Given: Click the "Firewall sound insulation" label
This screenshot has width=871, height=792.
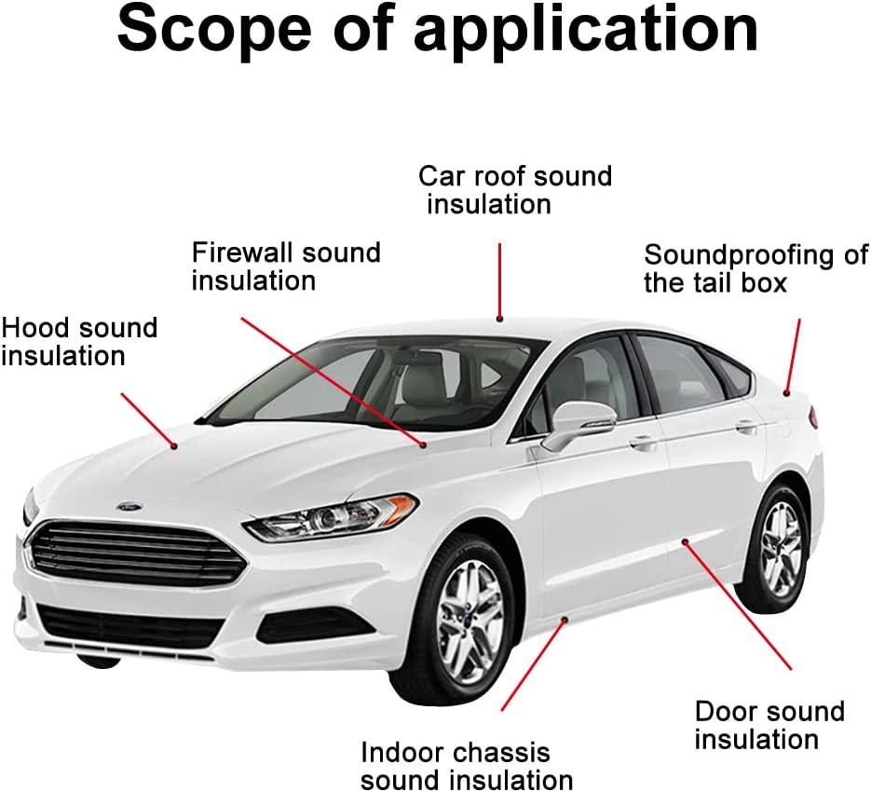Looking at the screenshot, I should click(285, 266).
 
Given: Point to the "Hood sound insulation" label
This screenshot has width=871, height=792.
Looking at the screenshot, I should click(79, 341).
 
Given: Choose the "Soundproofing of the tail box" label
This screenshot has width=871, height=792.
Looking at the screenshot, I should click(755, 268).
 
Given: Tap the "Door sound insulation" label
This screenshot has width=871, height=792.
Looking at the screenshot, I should click(769, 725).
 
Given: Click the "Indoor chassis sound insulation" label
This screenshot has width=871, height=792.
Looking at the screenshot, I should click(467, 765).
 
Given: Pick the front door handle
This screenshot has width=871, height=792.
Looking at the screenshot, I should click(642, 442).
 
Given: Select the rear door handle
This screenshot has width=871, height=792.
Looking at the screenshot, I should click(746, 425).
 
